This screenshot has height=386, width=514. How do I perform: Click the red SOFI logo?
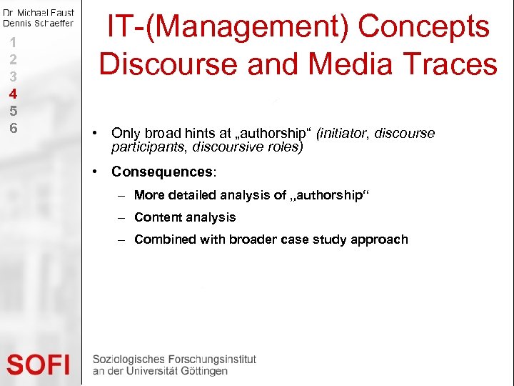(x=39, y=365)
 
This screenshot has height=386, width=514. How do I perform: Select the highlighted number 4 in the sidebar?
(x=13, y=94)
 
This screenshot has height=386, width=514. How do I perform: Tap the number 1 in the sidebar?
(x=13, y=41)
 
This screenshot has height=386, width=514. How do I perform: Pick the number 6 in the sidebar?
(x=13, y=129)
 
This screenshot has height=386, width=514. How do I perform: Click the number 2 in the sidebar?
(x=13, y=59)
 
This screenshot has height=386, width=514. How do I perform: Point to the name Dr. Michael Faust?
(x=39, y=13)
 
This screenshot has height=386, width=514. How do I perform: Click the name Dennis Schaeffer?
(x=39, y=23)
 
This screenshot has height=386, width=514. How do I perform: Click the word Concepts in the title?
(x=423, y=27)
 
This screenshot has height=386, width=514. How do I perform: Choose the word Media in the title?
(x=344, y=64)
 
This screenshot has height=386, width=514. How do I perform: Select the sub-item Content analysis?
(x=185, y=217)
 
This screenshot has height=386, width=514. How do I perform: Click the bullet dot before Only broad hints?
(x=96, y=134)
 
